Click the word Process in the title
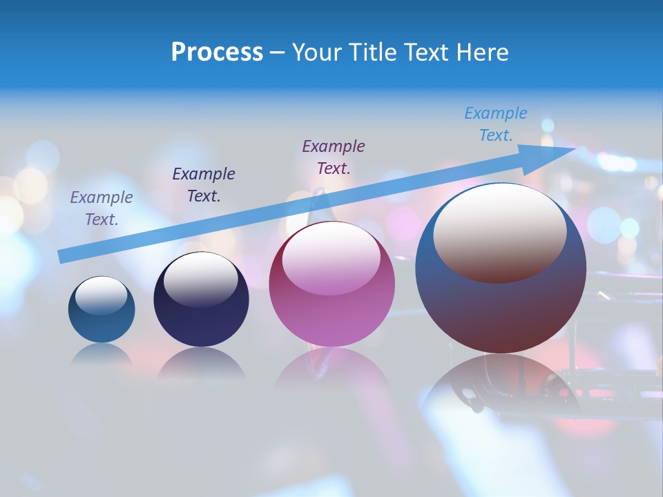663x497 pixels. coord(217,52)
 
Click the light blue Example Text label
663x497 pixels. coord(496,124)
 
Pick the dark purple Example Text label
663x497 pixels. coord(334,157)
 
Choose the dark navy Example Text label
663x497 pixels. coord(204,184)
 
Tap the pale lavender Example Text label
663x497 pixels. coord(102,208)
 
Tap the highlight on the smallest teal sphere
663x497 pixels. coord(101,295)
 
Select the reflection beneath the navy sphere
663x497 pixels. coord(201,363)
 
